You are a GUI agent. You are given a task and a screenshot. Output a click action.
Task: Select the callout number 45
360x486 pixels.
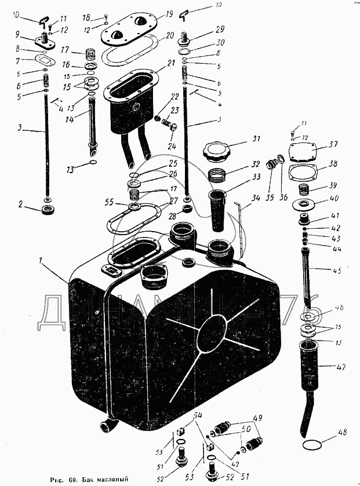tap(337, 271)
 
